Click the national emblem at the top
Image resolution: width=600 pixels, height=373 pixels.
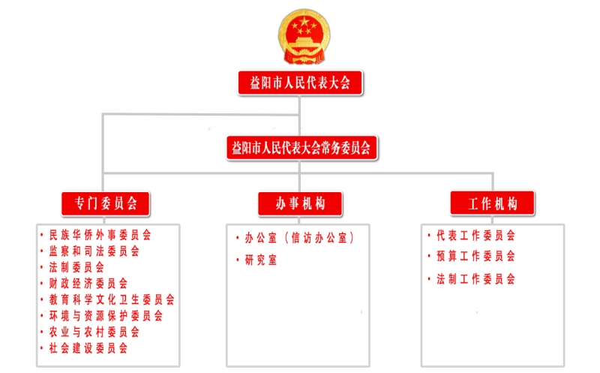(304, 36)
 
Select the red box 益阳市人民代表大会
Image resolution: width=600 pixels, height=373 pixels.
(300, 83)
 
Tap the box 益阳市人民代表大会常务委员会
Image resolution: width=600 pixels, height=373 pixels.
(301, 147)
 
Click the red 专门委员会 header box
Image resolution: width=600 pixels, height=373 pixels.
(106, 203)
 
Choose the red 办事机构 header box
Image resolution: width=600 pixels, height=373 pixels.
(300, 203)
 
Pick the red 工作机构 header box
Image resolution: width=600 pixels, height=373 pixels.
(492, 203)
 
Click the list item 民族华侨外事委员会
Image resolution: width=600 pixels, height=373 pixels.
(100, 235)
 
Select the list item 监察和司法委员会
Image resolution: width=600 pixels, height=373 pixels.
(94, 251)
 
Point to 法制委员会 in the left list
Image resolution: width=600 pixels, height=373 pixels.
(76, 267)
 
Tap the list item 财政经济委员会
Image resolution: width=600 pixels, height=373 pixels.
(88, 284)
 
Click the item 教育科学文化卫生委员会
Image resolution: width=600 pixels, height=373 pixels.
(112, 299)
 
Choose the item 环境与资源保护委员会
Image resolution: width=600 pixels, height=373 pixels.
(106, 315)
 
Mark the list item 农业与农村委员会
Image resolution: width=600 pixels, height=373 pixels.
(94, 332)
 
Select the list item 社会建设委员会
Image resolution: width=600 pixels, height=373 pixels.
(88, 347)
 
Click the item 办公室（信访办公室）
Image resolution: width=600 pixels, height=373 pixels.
(299, 238)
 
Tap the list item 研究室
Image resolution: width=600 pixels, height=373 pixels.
(260, 260)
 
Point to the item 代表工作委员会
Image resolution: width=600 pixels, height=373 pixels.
(475, 236)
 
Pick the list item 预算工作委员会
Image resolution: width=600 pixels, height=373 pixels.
(475, 256)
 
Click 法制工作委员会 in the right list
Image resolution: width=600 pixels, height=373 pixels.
(475, 278)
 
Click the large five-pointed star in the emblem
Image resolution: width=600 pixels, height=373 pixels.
(304, 22)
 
